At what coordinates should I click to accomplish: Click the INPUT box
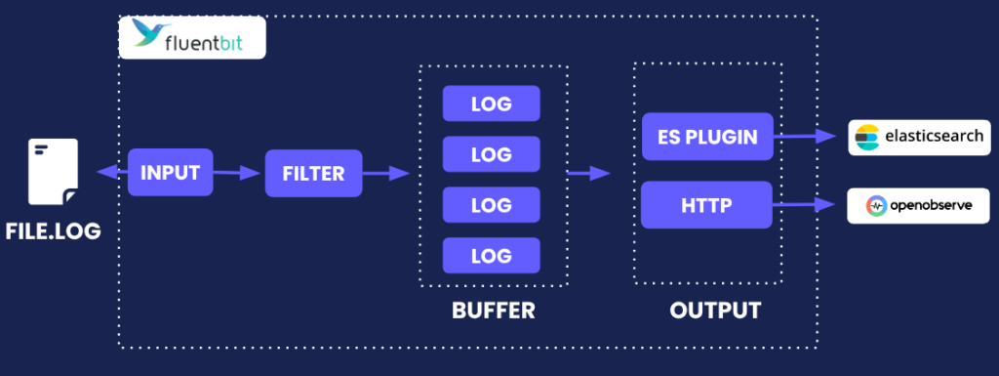pos(171,174)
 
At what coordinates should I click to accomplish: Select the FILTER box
pos(313,174)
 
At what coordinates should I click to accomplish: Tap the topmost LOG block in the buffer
pos(491,103)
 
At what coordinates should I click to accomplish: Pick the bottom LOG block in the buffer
pos(491,255)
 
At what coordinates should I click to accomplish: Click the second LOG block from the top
pos(491,153)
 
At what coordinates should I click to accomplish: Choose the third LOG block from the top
pos(491,204)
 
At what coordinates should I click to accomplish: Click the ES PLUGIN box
pos(707,137)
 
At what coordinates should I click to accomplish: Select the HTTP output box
pos(707,205)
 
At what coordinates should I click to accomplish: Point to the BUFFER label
pos(493,312)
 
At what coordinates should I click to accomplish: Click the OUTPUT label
pos(715,312)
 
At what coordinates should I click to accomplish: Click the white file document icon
pos(53,172)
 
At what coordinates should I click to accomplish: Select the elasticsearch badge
pos(919,137)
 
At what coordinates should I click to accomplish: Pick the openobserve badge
pos(919,206)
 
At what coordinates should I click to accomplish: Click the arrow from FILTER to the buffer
pos(385,174)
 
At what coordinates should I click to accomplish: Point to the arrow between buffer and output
pos(588,174)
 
